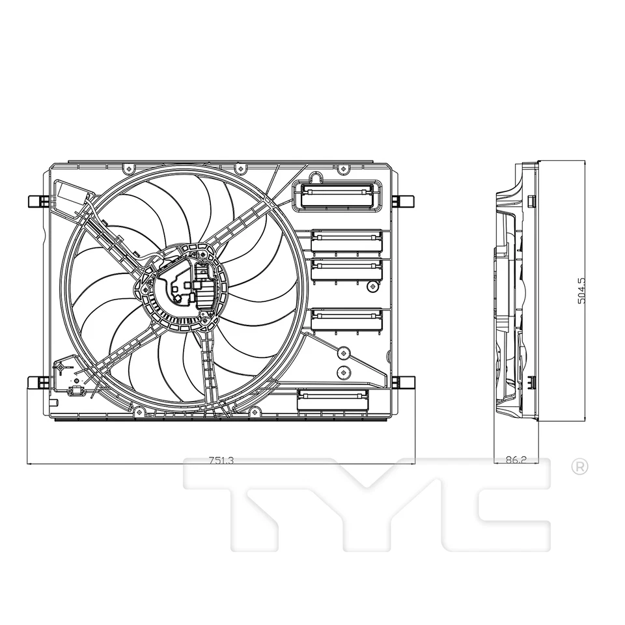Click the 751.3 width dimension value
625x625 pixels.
(221, 460)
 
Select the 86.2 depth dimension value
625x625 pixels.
(516, 460)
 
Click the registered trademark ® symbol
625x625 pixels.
(579, 466)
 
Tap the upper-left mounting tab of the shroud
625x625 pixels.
(38, 201)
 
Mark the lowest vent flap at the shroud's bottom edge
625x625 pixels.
(332, 400)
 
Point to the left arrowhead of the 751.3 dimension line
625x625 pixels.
(30, 464)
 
